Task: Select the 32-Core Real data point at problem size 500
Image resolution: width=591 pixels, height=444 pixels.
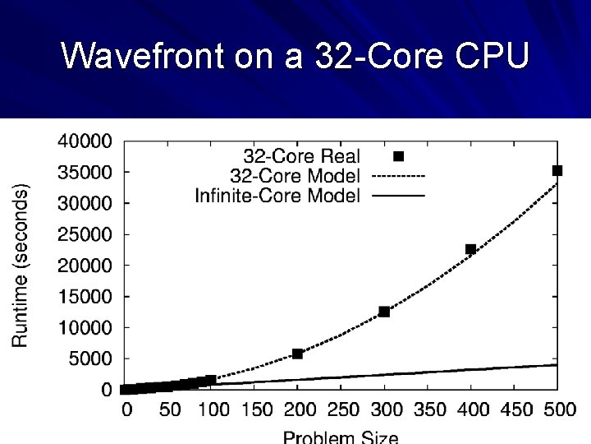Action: (557, 170)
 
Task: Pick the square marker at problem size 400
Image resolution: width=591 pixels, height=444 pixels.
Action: (470, 249)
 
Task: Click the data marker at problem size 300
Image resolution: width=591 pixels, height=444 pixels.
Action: (383, 312)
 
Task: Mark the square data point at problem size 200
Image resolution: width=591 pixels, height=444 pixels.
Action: (297, 354)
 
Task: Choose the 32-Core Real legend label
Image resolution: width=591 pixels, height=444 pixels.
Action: (301, 156)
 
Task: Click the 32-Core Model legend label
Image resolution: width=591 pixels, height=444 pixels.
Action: (295, 176)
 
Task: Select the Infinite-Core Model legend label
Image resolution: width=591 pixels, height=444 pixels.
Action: (277, 196)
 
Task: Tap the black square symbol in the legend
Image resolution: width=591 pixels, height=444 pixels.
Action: (399, 156)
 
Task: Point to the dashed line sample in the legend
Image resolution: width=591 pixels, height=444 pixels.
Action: (398, 176)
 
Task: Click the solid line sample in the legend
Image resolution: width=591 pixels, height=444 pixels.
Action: (398, 196)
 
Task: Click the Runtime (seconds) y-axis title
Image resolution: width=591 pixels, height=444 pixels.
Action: (22, 265)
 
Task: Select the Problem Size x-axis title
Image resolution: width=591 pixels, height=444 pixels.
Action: (341, 436)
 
